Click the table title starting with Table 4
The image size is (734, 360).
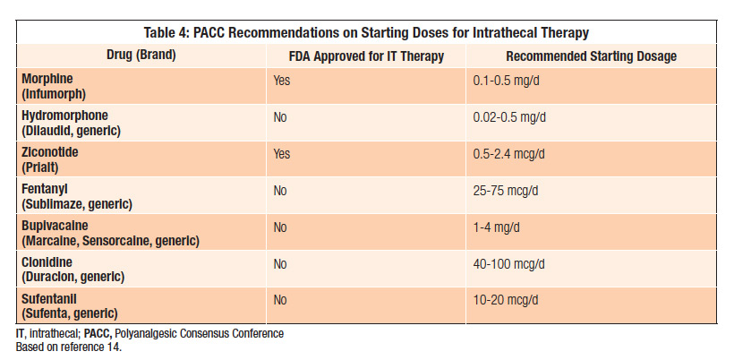pyautogui.click(x=367, y=33)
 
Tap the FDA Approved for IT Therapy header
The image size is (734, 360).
pyautogui.click(x=367, y=56)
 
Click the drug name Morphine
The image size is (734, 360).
pyautogui.click(x=48, y=79)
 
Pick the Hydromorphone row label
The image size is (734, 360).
pyautogui.click(x=64, y=116)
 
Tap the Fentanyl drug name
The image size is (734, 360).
pyautogui.click(x=46, y=189)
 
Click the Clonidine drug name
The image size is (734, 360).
pyautogui.click(x=50, y=262)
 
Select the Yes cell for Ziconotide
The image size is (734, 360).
pyautogui.click(x=282, y=154)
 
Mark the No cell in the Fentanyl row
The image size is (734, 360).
pyautogui.click(x=280, y=191)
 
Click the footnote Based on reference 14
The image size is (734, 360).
pyautogui.click(x=68, y=345)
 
